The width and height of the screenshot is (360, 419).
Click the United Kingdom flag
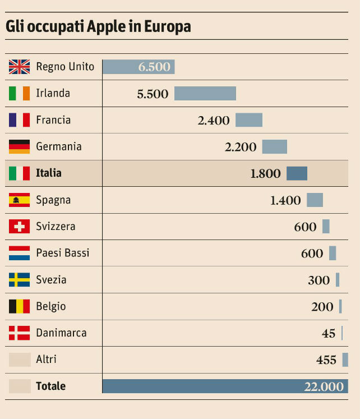click(x=19, y=67)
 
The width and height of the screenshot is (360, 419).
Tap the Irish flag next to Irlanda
click(x=19, y=93)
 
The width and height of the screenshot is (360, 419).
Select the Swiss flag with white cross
click(x=19, y=227)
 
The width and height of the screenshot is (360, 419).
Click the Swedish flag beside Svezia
click(x=19, y=279)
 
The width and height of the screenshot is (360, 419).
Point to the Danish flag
click(x=19, y=333)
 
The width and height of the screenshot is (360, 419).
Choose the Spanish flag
click(x=19, y=200)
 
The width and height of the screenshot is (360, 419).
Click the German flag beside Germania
click(x=19, y=146)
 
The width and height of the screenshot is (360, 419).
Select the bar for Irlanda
click(x=205, y=93)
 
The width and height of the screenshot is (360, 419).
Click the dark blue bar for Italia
click(x=297, y=173)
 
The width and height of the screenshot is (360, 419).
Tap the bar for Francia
click(x=248, y=120)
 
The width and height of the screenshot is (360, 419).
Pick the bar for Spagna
click(x=315, y=200)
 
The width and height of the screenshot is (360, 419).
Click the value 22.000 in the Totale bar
click(x=324, y=386)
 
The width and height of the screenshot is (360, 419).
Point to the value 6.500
click(x=154, y=67)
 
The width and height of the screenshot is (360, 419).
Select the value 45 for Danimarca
click(x=329, y=333)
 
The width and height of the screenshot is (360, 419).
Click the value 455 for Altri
click(x=326, y=360)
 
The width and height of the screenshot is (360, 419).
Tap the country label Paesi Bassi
click(x=62, y=253)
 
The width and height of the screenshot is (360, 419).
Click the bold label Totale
click(x=50, y=386)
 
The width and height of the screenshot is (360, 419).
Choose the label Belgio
click(x=50, y=306)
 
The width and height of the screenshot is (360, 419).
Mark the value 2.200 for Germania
click(x=241, y=147)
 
